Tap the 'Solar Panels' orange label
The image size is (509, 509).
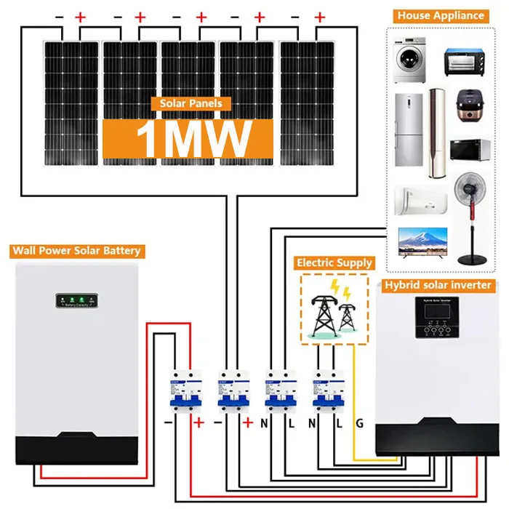[x=191, y=104]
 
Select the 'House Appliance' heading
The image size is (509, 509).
[x=441, y=15]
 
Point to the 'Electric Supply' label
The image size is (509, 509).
[x=334, y=262]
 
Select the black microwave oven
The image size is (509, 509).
[x=469, y=151]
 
